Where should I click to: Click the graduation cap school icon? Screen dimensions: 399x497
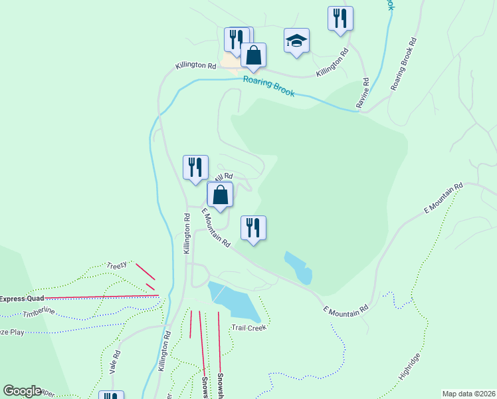[297, 41]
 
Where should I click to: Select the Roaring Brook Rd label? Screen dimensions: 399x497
[405, 64]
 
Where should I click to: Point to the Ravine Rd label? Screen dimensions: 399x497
[364, 92]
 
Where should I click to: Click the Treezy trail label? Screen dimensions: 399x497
[116, 265]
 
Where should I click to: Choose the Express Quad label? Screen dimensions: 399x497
[21, 299]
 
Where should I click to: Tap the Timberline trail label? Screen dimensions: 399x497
[38, 313]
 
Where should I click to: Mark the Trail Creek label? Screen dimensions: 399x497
[248, 327]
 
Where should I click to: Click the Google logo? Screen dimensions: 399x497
[22, 391]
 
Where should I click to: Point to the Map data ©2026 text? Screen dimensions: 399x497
[468, 394]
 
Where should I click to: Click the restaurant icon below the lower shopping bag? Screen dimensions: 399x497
[253, 228]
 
